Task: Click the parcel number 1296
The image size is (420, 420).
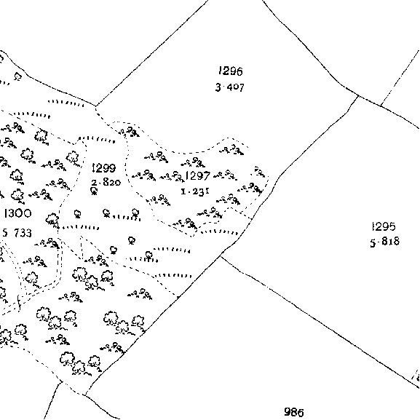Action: tap(231, 71)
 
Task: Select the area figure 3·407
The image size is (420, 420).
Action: tap(230, 87)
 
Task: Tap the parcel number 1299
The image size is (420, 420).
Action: tap(103, 168)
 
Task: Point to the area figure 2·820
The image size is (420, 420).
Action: tap(106, 183)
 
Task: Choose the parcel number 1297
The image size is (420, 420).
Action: tap(198, 176)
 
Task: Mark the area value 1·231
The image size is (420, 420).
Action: tap(195, 191)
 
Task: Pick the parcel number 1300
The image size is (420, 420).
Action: tap(17, 213)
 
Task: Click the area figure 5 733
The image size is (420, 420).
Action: tap(17, 233)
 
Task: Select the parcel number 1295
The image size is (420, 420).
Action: tap(384, 226)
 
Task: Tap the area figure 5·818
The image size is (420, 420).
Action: tap(384, 242)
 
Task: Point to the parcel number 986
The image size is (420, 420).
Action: tap(294, 412)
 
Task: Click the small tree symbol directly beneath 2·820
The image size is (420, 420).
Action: tap(94, 191)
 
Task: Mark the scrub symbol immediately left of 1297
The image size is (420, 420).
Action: tap(172, 176)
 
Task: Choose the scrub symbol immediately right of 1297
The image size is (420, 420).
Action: tap(226, 175)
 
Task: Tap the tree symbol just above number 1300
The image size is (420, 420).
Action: tap(17, 195)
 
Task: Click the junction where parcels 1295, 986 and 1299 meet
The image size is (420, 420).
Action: tap(221, 256)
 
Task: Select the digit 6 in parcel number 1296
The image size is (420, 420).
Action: tap(239, 71)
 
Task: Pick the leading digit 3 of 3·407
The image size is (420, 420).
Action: tap(218, 87)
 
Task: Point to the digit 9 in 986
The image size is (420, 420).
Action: tap(288, 412)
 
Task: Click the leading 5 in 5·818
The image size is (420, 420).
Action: tap(373, 242)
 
